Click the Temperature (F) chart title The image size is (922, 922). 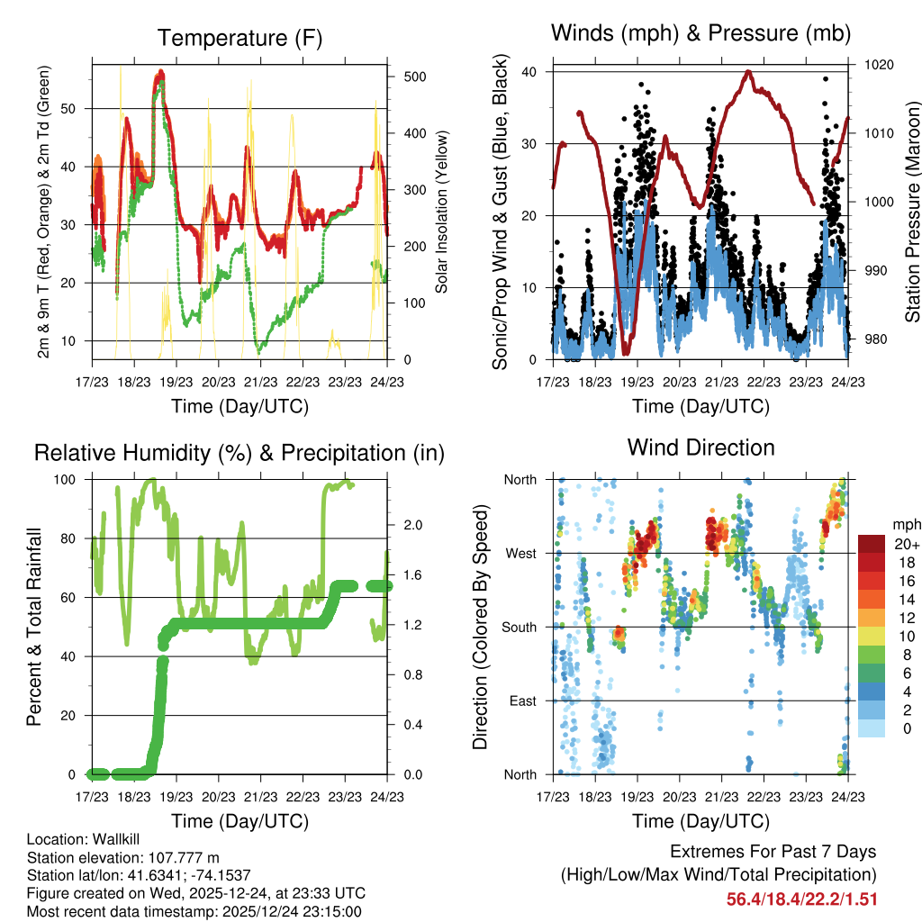pyautogui.click(x=240, y=38)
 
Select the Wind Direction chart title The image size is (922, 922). pyautogui.click(x=701, y=447)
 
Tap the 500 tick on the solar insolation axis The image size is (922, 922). pyautogui.click(x=414, y=77)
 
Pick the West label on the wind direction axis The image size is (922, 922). pyautogui.click(x=520, y=553)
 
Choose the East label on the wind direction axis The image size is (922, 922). pyautogui.click(x=521, y=701)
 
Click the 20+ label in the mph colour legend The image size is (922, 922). pyautogui.click(x=906, y=544)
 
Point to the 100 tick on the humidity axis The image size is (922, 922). pyautogui.click(x=67, y=480)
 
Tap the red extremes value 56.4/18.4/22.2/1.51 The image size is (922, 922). pyautogui.click(x=801, y=899)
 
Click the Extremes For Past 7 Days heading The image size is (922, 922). pyautogui.click(x=773, y=852)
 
